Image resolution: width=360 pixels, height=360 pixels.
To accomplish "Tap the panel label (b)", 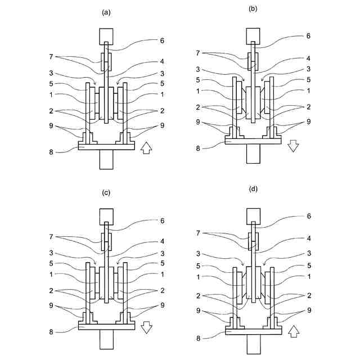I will pos(253,9).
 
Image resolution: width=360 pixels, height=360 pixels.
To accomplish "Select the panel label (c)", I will pos(105,192).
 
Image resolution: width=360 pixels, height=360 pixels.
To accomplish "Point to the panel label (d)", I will pos(253,189).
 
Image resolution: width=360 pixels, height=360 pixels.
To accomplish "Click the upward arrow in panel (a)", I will pos(146,148).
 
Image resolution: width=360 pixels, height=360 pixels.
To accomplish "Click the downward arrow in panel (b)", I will pos(292,146).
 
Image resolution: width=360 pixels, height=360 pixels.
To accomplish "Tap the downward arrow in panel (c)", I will pos(146,328).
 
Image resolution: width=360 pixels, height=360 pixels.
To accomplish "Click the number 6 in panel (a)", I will pos(163,40).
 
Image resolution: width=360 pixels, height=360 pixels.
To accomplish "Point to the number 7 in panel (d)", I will pos(197,232).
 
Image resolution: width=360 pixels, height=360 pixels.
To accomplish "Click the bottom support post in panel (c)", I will pos(106,340).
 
